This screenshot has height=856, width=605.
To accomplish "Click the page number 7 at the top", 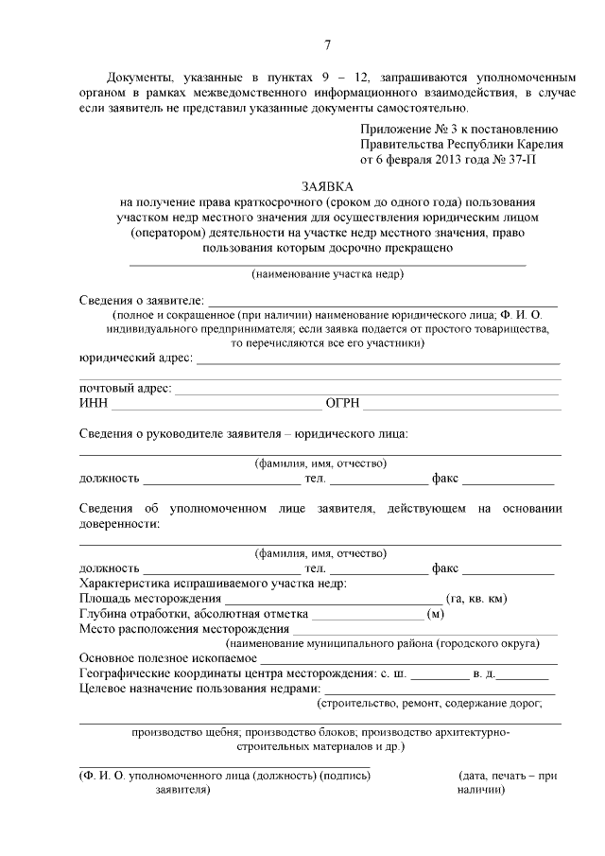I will tap(326, 44).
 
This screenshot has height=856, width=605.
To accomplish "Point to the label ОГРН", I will tap(342, 404).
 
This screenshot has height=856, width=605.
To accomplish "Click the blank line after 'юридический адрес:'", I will tap(377, 361).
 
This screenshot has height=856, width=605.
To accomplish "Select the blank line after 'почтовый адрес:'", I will tap(368, 391).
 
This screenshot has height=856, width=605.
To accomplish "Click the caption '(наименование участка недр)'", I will tap(328, 274).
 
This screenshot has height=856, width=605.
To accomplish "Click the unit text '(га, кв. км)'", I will tap(479, 598).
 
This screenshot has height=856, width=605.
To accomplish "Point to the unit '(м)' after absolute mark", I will tap(436, 614).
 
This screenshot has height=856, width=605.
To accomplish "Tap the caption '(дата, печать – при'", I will tap(507, 776).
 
